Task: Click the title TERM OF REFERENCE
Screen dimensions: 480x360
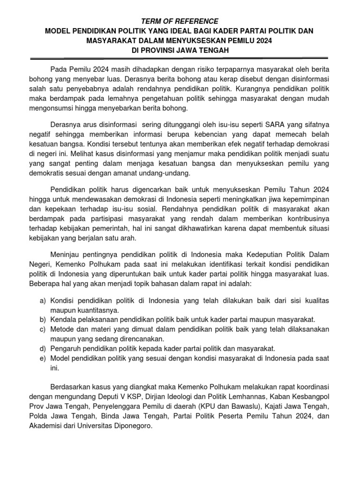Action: tap(180, 21)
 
